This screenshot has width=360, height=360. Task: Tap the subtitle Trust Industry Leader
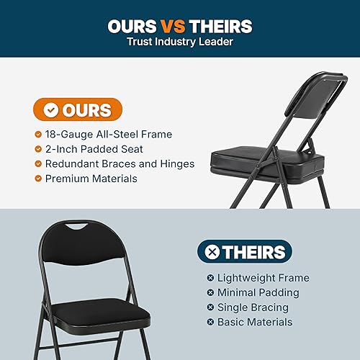180,42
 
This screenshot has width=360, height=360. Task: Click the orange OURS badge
78,110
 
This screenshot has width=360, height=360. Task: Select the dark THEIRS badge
245,252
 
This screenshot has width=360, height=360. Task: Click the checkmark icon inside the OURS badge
51,110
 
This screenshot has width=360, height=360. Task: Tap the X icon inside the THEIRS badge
212,252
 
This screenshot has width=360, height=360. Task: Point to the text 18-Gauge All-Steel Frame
109,134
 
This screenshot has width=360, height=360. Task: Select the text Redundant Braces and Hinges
120,163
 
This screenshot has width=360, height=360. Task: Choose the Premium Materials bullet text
91,178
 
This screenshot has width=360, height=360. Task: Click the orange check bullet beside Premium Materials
37,178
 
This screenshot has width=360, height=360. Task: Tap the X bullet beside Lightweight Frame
210,278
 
